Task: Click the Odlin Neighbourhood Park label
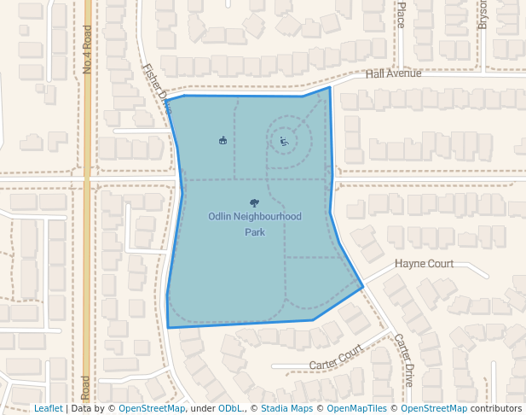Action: [255, 217]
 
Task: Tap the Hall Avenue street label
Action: [393, 74]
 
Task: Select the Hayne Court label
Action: [424, 264]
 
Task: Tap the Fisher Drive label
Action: [157, 86]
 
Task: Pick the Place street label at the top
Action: [401, 15]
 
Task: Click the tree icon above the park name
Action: [254, 202]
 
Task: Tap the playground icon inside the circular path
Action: [284, 142]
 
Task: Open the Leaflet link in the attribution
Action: [48, 409]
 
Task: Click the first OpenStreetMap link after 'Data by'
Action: [152, 409]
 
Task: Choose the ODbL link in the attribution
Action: [230, 409]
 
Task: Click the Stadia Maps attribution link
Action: [284, 409]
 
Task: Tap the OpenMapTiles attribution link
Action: [358, 409]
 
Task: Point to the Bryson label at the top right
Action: [483, 14]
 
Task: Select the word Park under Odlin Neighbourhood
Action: [255, 231]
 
